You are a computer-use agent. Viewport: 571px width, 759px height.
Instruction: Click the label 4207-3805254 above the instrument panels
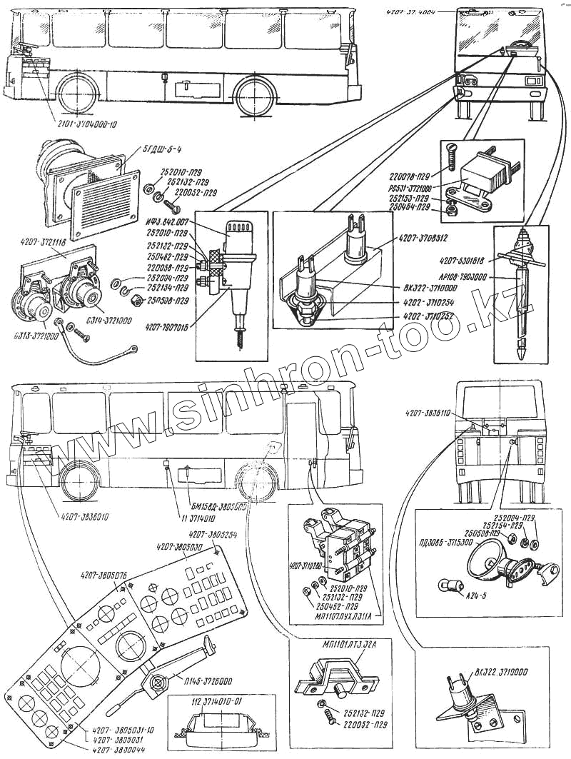point(213,534)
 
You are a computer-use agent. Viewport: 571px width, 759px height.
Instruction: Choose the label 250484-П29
point(409,208)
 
